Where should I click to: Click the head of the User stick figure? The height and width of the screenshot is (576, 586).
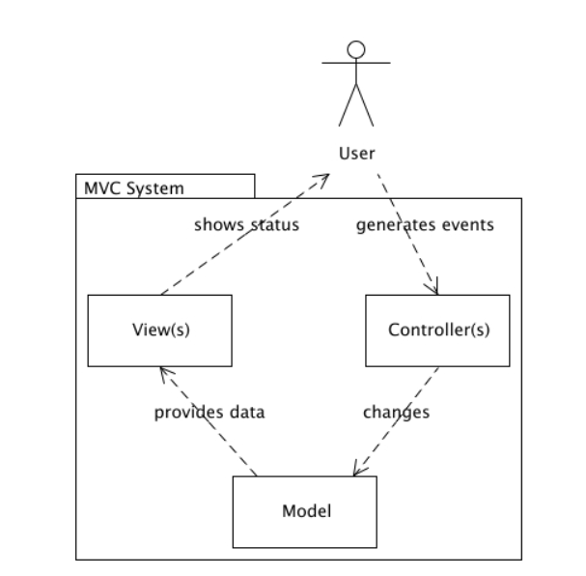356,49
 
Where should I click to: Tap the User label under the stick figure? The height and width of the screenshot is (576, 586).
356,153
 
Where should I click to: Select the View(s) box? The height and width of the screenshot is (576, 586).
159,331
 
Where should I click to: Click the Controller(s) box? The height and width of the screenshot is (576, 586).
437,331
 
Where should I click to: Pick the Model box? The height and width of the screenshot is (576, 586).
305,512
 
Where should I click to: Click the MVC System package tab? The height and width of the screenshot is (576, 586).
165,187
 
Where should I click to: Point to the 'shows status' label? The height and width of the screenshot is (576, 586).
246,225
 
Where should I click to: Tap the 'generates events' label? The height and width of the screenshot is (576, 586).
425,225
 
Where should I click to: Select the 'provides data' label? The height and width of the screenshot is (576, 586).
209,412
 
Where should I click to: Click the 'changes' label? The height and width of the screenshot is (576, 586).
396,412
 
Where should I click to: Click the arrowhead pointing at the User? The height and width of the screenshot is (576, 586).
325,179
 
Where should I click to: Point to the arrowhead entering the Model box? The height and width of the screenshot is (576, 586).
358,471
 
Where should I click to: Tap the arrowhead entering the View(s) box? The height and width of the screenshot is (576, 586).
164,372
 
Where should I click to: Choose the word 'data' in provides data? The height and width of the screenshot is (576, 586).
247,412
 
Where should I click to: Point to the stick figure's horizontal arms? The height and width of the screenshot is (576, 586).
356,64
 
